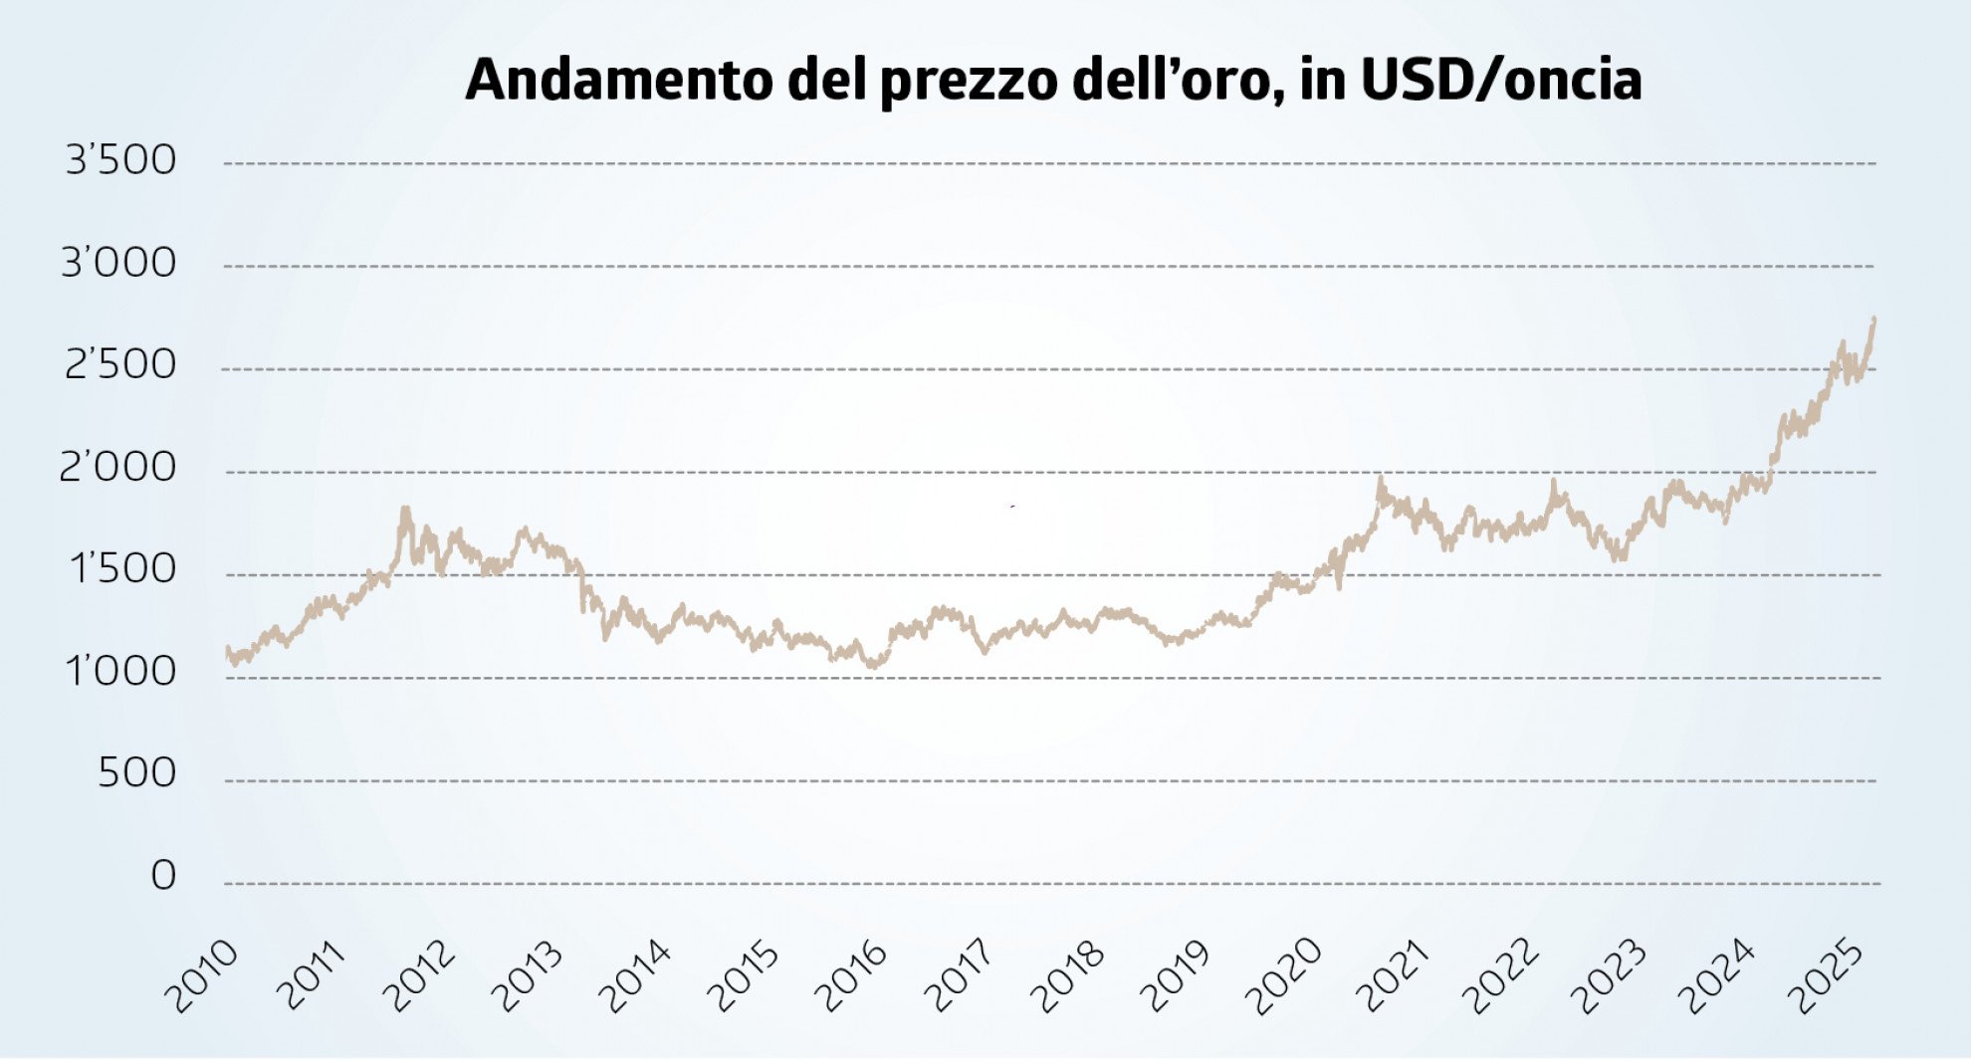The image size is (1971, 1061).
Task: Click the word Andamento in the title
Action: point(618,80)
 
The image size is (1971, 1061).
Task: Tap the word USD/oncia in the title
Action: point(1500,80)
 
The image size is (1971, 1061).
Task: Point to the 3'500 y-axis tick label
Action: point(120,160)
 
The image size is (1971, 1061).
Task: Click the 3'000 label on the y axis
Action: point(118,263)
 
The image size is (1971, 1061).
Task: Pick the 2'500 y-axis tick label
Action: point(120,365)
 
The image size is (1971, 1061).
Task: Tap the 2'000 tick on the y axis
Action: point(117,468)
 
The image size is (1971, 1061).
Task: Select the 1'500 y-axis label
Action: point(122,569)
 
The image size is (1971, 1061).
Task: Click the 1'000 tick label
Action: point(120,673)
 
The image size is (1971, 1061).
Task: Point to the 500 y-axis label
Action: point(136,773)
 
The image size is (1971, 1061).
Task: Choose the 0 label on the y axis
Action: point(163,876)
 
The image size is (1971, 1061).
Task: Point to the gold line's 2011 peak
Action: point(405,510)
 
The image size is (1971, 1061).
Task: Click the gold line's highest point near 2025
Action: point(1874,318)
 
